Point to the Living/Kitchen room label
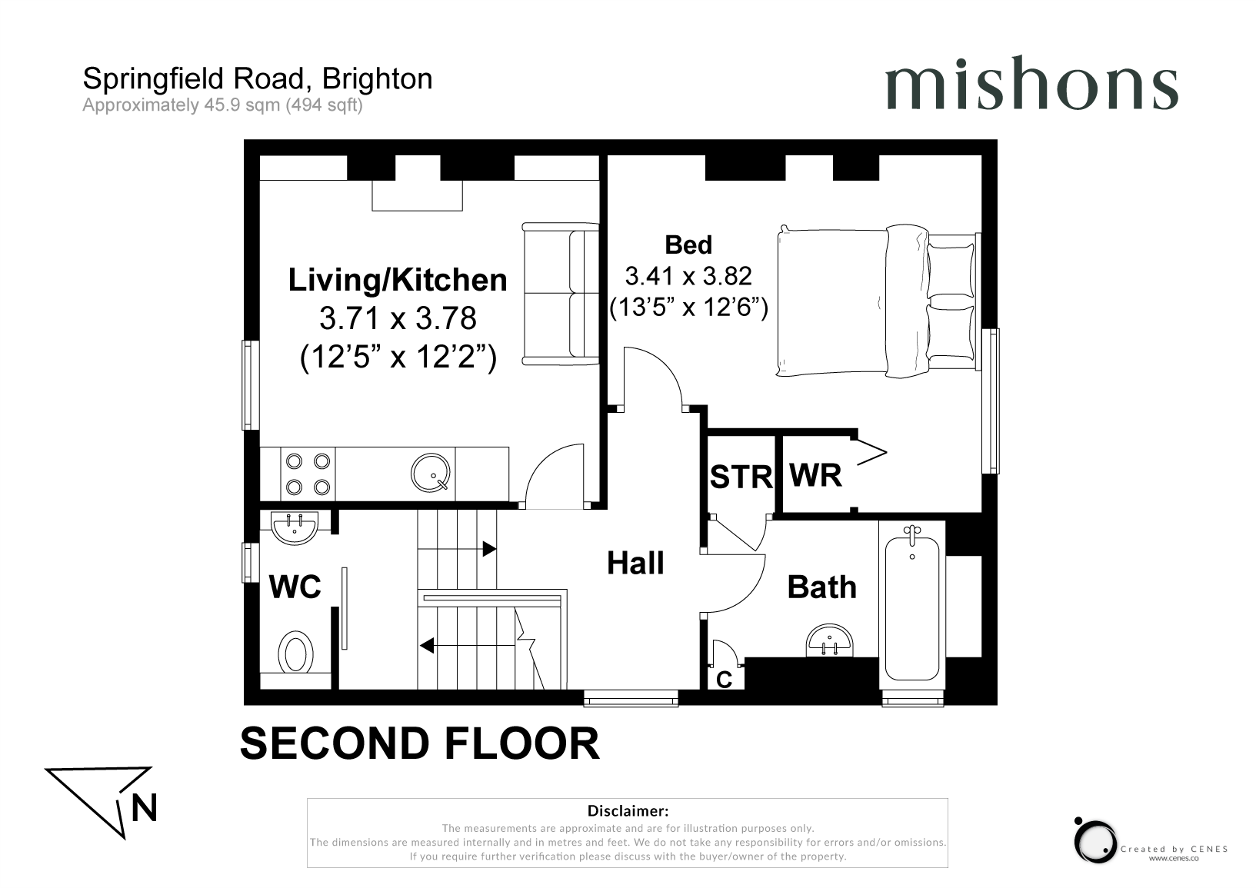tap(398, 280)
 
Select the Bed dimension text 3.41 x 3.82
tap(688, 276)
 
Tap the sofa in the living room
tap(560, 294)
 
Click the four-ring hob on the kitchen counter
tap(308, 474)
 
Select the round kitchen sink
tap(431, 473)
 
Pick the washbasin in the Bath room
tap(830, 640)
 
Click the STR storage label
tap(741, 477)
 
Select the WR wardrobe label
tap(815, 475)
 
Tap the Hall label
tap(635, 563)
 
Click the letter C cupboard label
tap(724, 680)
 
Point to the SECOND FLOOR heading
tap(420, 743)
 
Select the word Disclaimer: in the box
tap(628, 810)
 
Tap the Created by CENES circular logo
tap(1095, 841)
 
